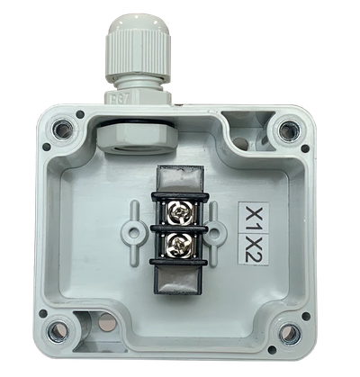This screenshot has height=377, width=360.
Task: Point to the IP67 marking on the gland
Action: tap(118, 96)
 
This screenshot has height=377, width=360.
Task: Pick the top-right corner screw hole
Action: tap(287, 131)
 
